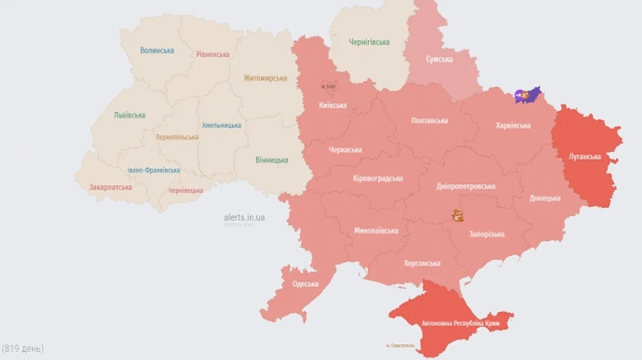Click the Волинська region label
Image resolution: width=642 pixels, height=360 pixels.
pos(157,51)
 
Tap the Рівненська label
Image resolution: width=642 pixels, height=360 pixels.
pos(213,54)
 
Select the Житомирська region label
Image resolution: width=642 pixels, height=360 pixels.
pos(265,78)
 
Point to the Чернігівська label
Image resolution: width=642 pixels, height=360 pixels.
pos(369,42)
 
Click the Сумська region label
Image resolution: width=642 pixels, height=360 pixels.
pos(439,59)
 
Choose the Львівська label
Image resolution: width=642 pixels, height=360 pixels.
pos(129,115)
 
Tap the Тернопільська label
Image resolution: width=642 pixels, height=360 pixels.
pos(177,137)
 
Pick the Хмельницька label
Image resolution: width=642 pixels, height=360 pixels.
pos(221,125)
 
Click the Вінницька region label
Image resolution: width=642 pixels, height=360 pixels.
pos(272,160)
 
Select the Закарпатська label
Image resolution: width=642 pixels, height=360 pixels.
pos(110,187)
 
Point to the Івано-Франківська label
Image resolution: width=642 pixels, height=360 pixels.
pos(153,170)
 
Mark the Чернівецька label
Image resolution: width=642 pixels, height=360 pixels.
pos(185,190)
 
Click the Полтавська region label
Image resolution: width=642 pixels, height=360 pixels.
pos(429,120)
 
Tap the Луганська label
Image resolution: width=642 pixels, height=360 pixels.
pos(584,156)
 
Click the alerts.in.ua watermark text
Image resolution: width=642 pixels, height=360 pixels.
pos(244,217)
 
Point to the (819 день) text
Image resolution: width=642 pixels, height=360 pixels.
pos(23,349)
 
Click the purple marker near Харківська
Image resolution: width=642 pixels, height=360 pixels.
pos(527,94)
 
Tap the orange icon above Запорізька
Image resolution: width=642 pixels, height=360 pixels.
pos(457,215)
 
